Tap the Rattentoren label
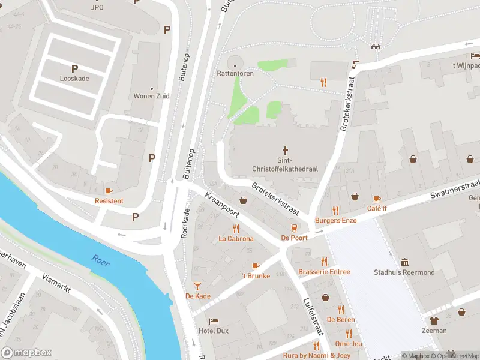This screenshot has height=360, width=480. click(x=235, y=74)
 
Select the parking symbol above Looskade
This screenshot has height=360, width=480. click(x=75, y=68)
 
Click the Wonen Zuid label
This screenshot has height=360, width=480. click(x=151, y=96)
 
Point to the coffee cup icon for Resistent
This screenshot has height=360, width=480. click(x=109, y=191)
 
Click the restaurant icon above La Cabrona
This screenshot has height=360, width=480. click(x=236, y=228)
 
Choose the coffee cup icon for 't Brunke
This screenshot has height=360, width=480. click(x=256, y=266)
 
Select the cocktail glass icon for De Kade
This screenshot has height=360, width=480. click(x=197, y=286)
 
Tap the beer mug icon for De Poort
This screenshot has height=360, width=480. click(x=294, y=227)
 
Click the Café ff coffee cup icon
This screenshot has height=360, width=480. click(x=377, y=199)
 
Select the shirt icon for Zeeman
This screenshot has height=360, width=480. click(x=434, y=320)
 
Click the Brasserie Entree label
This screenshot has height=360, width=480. click(x=324, y=272)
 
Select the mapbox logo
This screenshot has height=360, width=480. click(x=26, y=353)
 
